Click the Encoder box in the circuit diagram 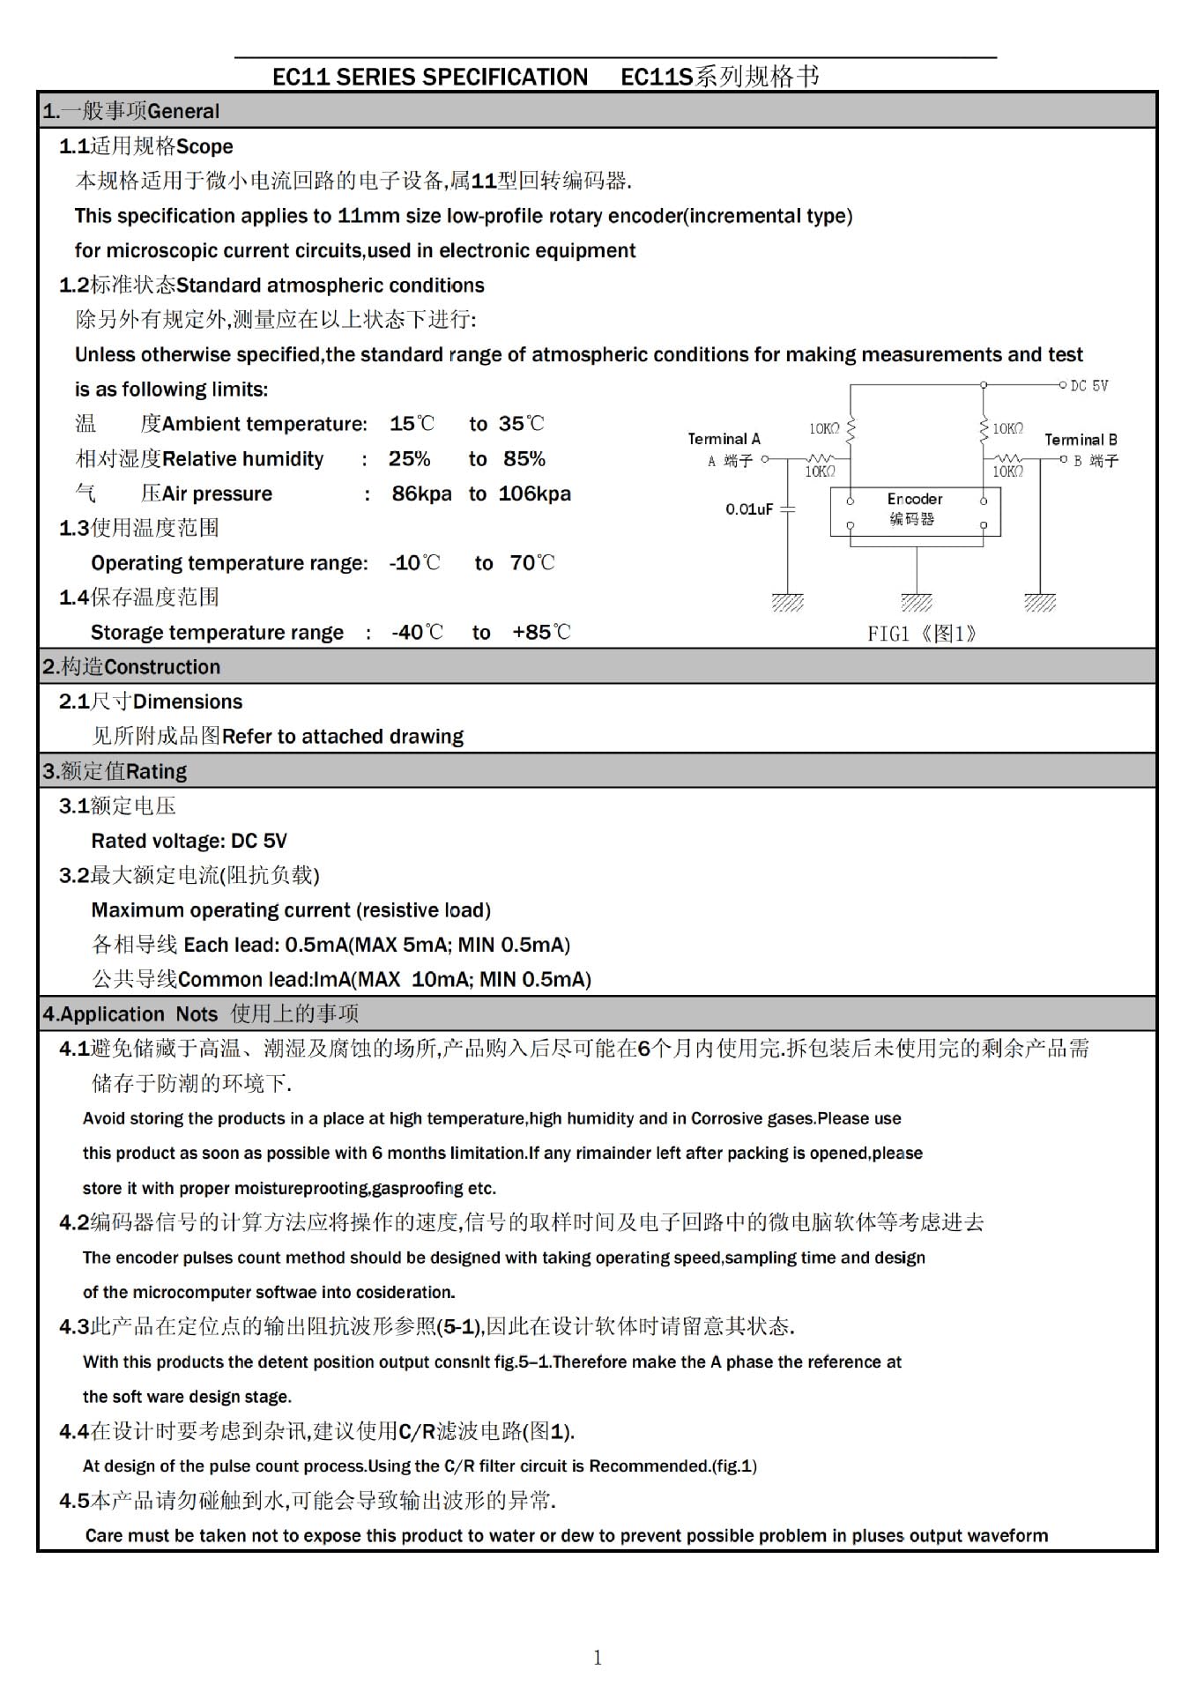[x=915, y=510]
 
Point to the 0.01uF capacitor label [x=748, y=509]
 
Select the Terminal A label [x=724, y=439]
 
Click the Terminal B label [x=1081, y=440]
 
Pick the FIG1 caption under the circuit [x=921, y=634]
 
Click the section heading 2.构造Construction [x=131, y=667]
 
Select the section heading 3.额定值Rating [x=115, y=771]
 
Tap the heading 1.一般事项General [x=130, y=111]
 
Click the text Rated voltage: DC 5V [x=189, y=841]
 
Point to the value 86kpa [x=421, y=493]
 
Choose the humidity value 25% [x=409, y=459]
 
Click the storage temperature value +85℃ [x=541, y=633]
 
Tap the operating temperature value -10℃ [x=414, y=563]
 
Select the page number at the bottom [x=598, y=1658]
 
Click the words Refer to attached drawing [x=342, y=737]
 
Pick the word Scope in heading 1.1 [x=204, y=146]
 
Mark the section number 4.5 [x=74, y=1501]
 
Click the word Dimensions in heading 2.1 [x=187, y=701]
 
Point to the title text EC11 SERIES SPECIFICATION [x=429, y=78]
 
